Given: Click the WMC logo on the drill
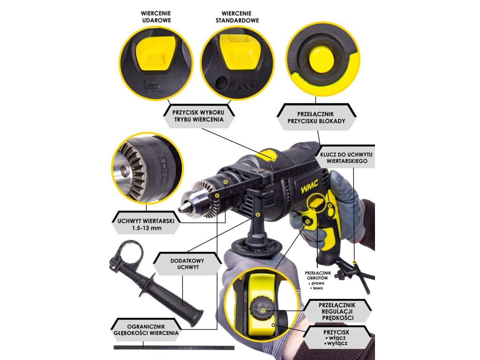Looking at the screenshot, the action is tap(309, 186).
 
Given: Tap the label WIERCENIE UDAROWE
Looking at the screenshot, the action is tap(156, 17).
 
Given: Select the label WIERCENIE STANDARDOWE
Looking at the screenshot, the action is tap(237, 17).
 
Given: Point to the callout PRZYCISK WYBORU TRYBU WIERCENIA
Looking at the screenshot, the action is tap(199, 116).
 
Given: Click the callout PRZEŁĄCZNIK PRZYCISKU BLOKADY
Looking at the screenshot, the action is tap(316, 117).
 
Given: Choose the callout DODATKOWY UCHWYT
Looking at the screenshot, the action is tap(187, 263).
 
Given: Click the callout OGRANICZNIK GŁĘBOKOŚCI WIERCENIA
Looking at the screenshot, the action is tap(146, 330).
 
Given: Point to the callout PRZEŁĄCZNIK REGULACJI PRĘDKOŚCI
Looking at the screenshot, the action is tap(337, 311).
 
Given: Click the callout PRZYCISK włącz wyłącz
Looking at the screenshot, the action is tap(337, 337).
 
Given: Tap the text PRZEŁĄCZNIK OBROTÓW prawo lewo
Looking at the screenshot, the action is tap(318, 280).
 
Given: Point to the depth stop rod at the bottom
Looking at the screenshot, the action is tap(174, 348).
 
